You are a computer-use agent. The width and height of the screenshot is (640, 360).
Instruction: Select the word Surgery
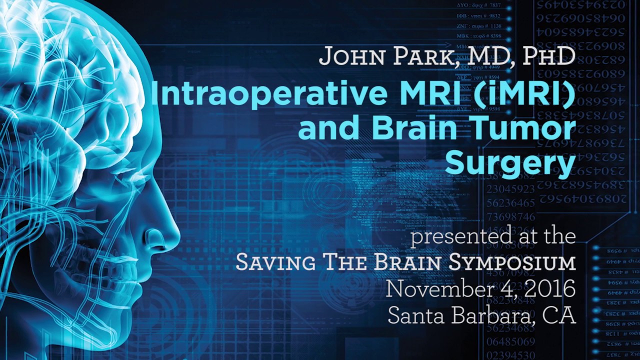pos(510,164)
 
